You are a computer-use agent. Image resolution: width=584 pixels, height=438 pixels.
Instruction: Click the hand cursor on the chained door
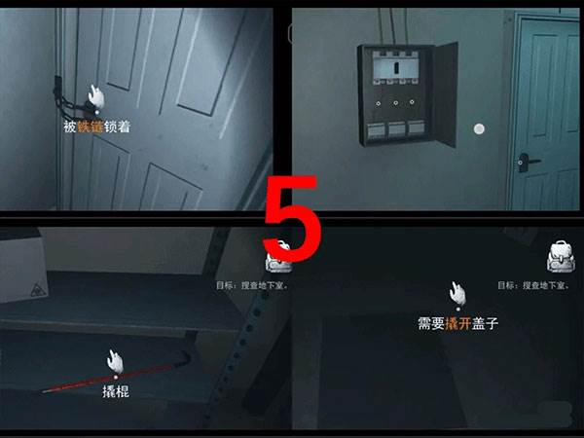pos(94,95)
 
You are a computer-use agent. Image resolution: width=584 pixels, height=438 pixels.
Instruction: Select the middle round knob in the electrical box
pos(393,102)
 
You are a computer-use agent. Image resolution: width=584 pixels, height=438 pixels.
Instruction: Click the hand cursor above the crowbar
pos(117,360)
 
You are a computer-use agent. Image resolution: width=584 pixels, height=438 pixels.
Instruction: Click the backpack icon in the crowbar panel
pos(280,255)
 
